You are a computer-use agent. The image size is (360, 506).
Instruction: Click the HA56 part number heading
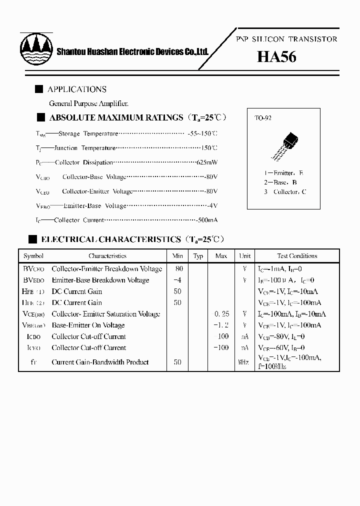[276, 57]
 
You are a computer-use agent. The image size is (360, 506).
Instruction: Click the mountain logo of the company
[36, 48]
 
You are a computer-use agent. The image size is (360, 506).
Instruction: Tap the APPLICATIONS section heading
[76, 89]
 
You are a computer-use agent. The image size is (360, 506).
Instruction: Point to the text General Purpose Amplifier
[88, 103]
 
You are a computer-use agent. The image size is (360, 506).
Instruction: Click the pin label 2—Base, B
[281, 182]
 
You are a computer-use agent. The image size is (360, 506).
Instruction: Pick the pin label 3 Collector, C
[285, 192]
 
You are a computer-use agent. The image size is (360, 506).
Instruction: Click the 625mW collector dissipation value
[206, 162]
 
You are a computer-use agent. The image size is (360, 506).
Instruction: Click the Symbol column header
[33, 256]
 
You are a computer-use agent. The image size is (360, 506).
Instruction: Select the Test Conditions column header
[297, 256]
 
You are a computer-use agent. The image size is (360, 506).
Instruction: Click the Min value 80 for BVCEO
[177, 268]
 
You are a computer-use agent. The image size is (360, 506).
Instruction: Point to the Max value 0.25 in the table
[221, 314]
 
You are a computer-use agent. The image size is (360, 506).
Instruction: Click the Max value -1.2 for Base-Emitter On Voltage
[221, 325]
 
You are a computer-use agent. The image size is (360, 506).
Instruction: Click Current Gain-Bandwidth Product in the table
[100, 362]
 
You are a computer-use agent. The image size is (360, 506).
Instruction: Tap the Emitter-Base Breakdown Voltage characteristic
[100, 280]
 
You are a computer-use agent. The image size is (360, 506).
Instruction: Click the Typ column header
[198, 256]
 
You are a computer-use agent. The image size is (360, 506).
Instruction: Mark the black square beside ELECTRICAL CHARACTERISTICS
[33, 239]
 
